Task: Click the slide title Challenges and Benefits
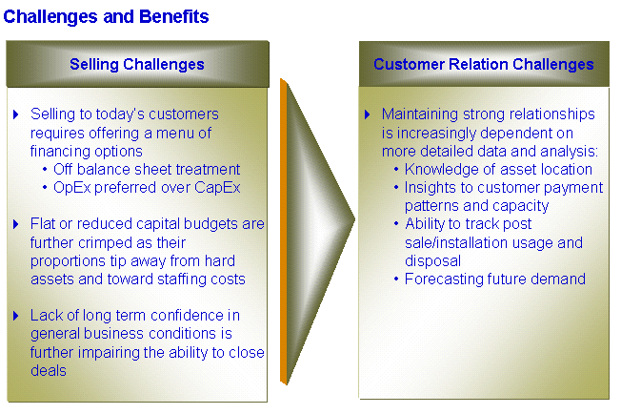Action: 106,17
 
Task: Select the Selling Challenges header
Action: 137,64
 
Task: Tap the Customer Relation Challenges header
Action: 484,64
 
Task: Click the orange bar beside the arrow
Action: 284,232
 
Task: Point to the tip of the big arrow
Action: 354,218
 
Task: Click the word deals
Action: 49,371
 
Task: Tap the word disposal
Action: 432,261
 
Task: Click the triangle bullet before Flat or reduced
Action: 16,224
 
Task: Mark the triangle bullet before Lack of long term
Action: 16,316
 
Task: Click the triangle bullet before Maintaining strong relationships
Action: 367,114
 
